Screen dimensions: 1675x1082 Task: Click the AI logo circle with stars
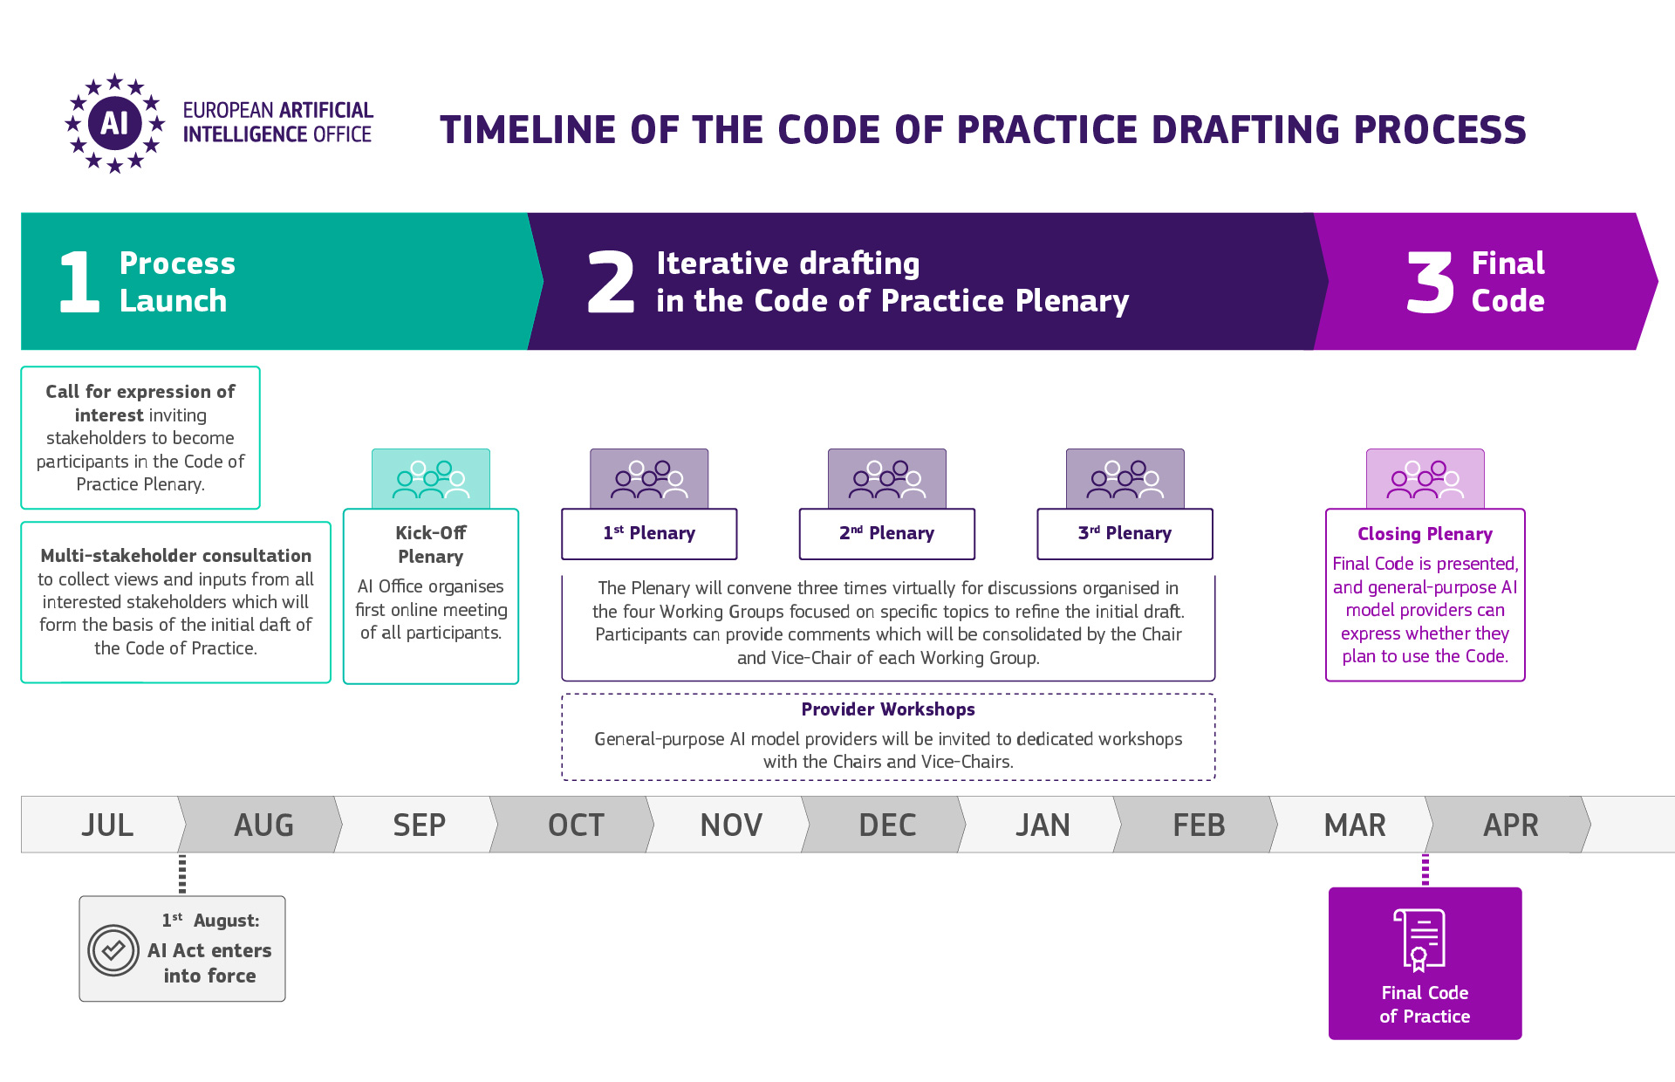point(114,123)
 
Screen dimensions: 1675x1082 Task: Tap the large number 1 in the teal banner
point(79,282)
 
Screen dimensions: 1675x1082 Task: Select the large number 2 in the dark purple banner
point(611,281)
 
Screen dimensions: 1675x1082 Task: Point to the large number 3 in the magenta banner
point(1430,282)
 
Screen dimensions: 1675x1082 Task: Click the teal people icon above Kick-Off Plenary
point(431,479)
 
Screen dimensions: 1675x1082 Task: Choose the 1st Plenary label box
point(649,533)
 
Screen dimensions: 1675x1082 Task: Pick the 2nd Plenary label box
point(887,533)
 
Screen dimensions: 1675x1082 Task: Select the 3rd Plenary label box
point(1125,533)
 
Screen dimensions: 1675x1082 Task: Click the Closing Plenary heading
point(1425,534)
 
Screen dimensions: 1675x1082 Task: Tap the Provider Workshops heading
point(888,709)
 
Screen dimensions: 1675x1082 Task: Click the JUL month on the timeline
point(107,825)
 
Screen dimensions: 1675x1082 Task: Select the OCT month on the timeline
point(576,825)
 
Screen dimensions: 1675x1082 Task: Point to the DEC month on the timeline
point(887,825)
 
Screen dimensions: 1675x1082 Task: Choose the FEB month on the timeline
point(1199,825)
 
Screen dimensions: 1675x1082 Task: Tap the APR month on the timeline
point(1511,825)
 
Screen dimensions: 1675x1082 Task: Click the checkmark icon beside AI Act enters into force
point(113,950)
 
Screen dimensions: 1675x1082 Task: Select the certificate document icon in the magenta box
point(1419,940)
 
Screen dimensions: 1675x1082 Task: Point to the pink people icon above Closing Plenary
point(1425,479)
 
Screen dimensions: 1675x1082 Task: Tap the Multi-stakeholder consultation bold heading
point(175,556)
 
